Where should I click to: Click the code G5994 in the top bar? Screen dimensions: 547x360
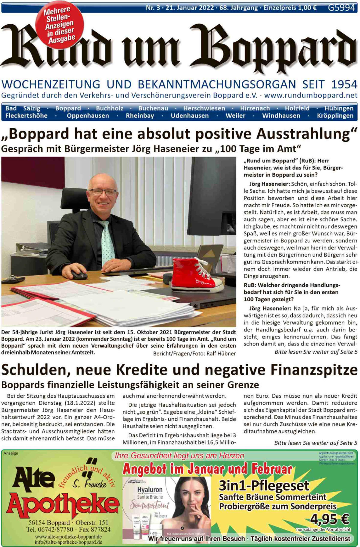[341, 8]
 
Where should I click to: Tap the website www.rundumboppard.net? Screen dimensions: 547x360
[311, 95]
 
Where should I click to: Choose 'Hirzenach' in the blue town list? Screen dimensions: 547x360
[255, 108]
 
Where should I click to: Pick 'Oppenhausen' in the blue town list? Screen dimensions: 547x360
[88, 116]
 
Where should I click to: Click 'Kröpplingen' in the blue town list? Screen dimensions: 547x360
[335, 116]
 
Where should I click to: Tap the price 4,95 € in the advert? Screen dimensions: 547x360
[330, 518]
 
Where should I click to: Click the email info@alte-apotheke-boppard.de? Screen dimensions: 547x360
[68, 542]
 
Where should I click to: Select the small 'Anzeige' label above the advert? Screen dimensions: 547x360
[11, 453]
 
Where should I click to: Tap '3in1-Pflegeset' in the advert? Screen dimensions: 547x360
[264, 485]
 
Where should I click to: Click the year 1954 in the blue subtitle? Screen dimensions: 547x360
[344, 85]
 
